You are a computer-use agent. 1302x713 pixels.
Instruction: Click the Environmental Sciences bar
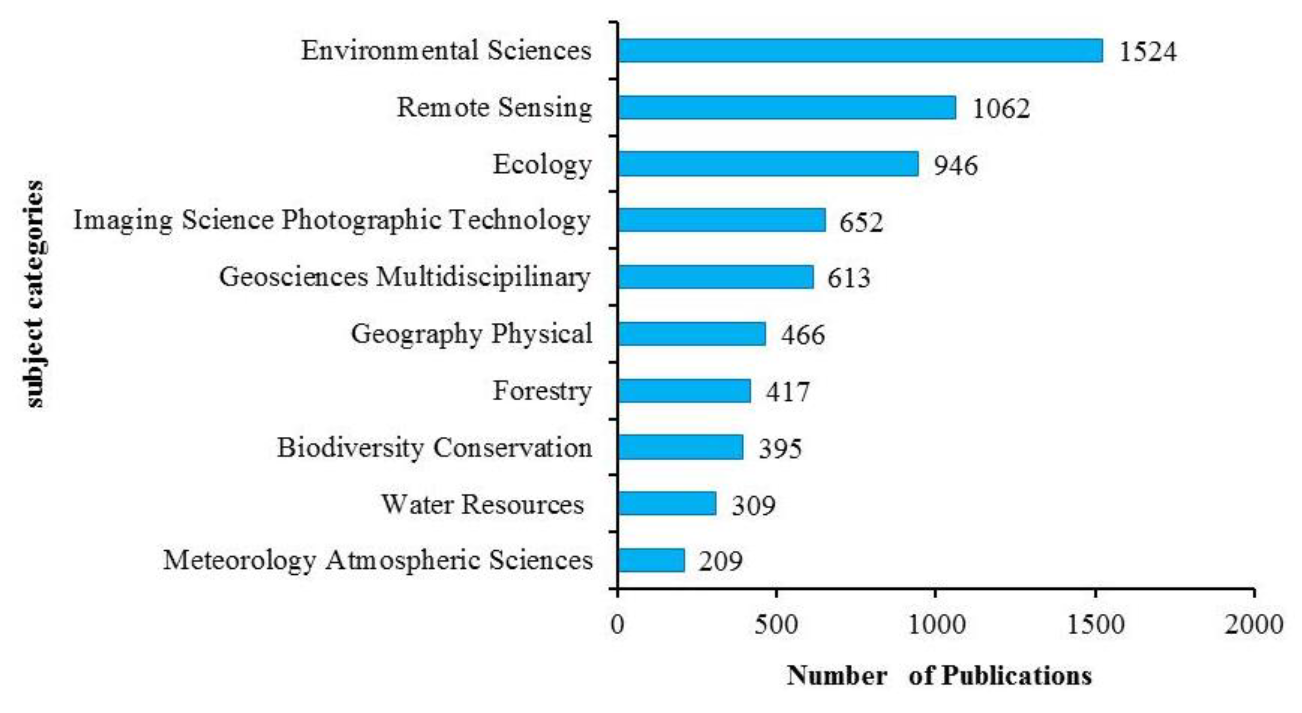[859, 51]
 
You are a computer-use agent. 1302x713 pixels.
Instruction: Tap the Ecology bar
[767, 164]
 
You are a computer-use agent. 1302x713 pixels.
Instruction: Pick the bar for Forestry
[683, 391]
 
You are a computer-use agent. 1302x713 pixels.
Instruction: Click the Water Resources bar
[666, 504]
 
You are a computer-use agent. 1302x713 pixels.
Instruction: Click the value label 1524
[1148, 52]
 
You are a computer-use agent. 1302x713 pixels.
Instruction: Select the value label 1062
[1001, 108]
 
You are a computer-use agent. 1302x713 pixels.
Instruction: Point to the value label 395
[780, 449]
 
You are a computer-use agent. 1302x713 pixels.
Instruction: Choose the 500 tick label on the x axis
[776, 625]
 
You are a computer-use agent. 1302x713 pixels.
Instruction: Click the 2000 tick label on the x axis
[1253, 625]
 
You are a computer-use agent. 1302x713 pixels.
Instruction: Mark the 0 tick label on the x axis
[617, 625]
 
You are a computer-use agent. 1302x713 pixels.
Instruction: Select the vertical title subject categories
[35, 293]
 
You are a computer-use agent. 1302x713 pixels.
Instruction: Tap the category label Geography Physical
[471, 334]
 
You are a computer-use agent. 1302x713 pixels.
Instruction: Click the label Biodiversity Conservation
[434, 447]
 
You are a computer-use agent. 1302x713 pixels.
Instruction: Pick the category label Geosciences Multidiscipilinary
[404, 277]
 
